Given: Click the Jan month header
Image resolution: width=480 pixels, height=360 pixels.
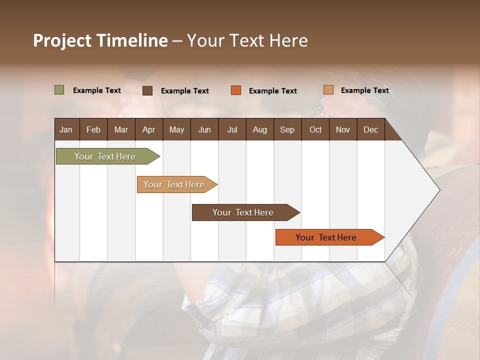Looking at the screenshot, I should coord(66,129).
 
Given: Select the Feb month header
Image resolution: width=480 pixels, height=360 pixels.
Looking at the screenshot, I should coord(93,129).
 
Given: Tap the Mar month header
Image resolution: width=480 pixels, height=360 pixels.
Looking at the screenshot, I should coord(121,129).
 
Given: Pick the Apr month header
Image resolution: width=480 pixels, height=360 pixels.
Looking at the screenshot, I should coord(148,129).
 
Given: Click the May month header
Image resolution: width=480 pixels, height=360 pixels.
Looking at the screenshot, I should coord(176,129).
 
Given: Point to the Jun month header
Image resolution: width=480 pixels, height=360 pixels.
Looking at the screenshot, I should coord(204,129).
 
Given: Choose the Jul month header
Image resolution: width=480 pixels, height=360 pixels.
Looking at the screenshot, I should coord(232,129).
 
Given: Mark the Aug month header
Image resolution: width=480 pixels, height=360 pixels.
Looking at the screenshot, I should coord(259,129).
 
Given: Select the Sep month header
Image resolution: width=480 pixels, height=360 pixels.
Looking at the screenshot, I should coord(287,129).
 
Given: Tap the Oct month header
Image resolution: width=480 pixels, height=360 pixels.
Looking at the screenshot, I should coord(315,129).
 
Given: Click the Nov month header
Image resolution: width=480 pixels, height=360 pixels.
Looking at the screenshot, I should coord(343,129).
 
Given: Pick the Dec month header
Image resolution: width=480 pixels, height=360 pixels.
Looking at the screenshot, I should coord(370,129).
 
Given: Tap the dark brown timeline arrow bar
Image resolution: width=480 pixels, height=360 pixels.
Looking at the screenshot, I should coord(243,212).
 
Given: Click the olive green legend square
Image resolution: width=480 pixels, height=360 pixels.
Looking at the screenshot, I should coord(59,90).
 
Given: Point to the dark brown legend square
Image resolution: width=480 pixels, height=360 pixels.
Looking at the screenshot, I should coord(147,90).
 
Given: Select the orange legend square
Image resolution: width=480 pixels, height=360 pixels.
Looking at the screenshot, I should coord(236,90).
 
